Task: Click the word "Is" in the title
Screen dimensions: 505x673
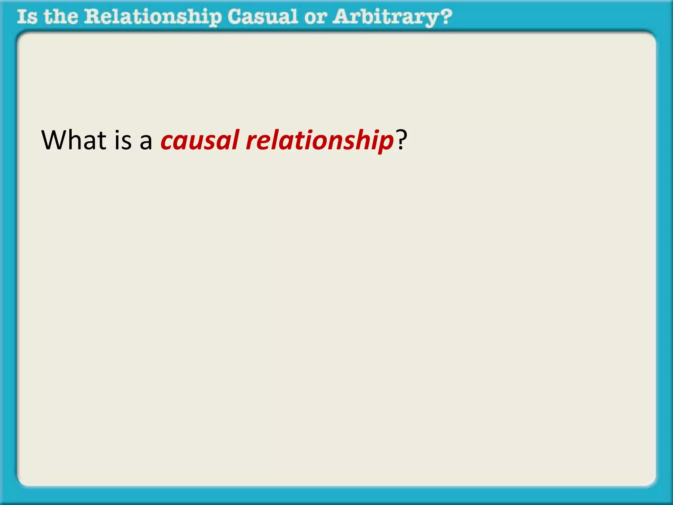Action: pyautogui.click(x=27, y=17)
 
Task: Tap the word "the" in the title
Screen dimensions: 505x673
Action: pyautogui.click(x=61, y=17)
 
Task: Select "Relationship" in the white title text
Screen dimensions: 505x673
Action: pyautogui.click(x=153, y=17)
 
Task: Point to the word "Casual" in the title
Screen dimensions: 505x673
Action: pyautogui.click(x=263, y=17)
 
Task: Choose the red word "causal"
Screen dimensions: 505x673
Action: pyautogui.click(x=200, y=141)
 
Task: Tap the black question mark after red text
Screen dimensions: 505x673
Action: pyautogui.click(x=401, y=140)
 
